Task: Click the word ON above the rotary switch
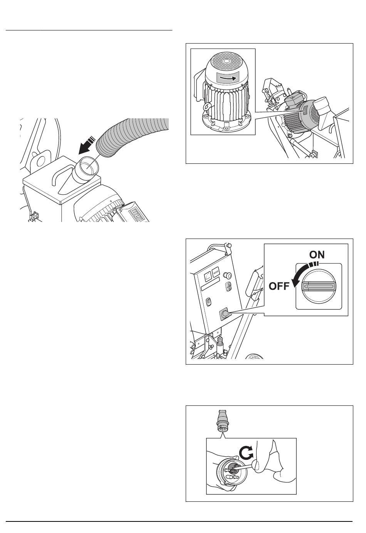pos(317,255)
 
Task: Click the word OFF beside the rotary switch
pos(279,286)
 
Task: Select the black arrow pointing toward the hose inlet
pos(87,145)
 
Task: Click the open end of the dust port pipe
pos(89,167)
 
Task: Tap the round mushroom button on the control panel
pos(228,275)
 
